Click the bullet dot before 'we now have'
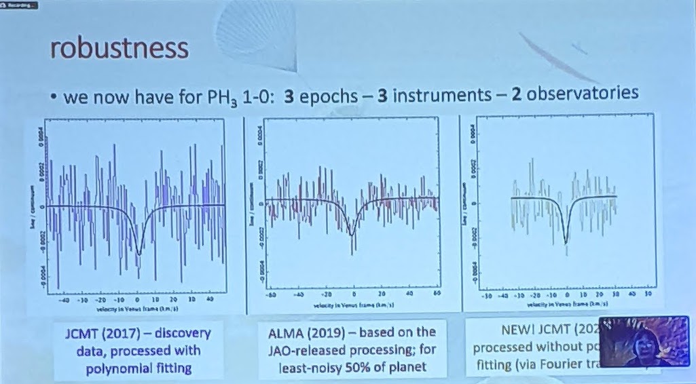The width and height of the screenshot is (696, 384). (x=52, y=96)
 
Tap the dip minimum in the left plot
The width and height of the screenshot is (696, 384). (x=139, y=254)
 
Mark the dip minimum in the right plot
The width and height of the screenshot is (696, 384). (x=566, y=241)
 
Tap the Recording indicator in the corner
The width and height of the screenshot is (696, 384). (x=20, y=4)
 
